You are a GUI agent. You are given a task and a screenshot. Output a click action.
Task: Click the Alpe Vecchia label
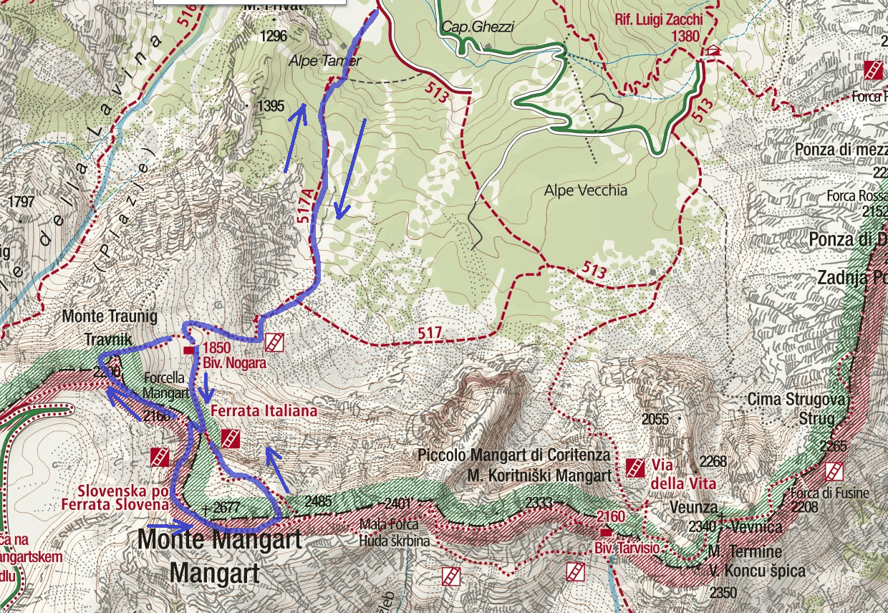click(x=585, y=190)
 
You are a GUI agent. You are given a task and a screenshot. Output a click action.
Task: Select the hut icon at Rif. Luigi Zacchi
click(x=711, y=52)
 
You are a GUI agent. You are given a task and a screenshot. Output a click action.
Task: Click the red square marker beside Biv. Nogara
click(x=189, y=350)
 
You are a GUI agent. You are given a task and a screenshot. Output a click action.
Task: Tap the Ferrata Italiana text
click(x=263, y=411)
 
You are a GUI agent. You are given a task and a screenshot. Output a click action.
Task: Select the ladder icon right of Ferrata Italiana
click(x=231, y=439)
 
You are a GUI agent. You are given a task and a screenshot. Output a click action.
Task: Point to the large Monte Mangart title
click(x=219, y=539)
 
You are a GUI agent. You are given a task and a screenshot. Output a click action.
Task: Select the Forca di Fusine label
click(x=829, y=493)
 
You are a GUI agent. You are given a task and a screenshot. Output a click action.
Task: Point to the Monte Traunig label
click(x=109, y=316)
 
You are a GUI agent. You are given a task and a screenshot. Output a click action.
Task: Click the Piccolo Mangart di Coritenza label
click(x=513, y=455)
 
